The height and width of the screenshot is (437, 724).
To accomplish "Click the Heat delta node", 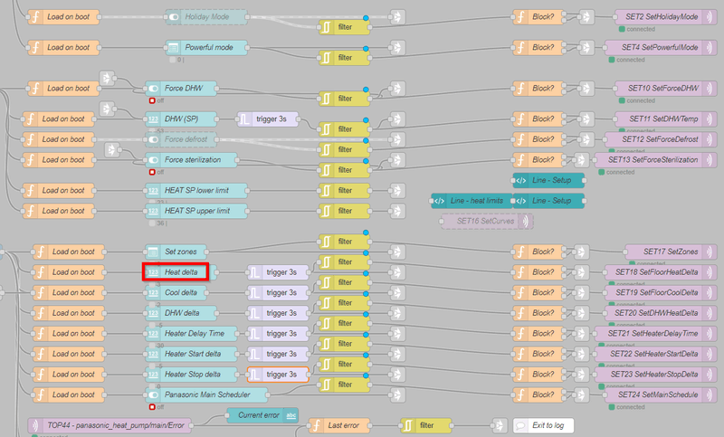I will [176, 271].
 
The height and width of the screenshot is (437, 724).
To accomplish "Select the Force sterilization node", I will [191, 160].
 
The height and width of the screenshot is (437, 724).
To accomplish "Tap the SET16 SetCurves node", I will [486, 221].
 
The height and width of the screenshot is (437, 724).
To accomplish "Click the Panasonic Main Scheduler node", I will [205, 394].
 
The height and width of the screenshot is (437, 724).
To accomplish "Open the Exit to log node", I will [543, 425].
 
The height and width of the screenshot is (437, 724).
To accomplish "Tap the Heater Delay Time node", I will [190, 333].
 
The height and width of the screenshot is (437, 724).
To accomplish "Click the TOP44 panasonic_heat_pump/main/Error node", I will [108, 425].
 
